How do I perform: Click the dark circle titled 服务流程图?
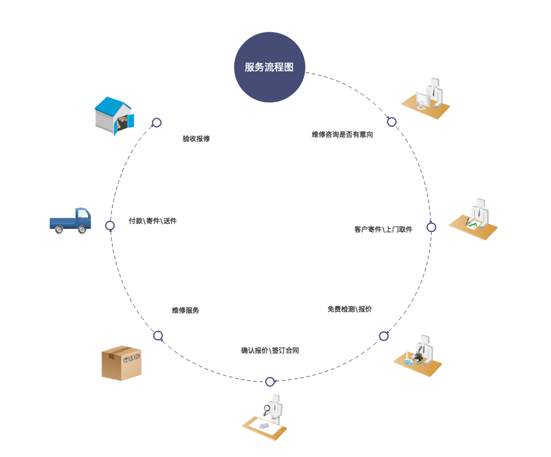click(270, 67)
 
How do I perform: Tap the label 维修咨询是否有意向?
click(342, 134)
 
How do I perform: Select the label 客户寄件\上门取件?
click(383, 229)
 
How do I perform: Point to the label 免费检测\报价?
click(349, 309)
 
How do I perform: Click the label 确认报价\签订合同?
click(270, 351)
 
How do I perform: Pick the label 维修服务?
click(186, 310)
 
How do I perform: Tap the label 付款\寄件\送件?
click(152, 221)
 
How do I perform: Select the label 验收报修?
click(196, 139)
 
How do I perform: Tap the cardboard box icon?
click(122, 363)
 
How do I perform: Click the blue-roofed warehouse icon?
click(114, 116)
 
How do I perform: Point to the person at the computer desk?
click(426, 99)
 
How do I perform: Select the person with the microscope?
click(418, 356)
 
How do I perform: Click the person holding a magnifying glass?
click(265, 417)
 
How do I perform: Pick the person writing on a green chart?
click(473, 220)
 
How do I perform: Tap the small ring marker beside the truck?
click(110, 226)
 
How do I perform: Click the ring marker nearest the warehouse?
click(156, 122)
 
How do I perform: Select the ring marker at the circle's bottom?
click(270, 382)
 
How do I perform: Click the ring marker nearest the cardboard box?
click(158, 336)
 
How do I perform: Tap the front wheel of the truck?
click(59, 230)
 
